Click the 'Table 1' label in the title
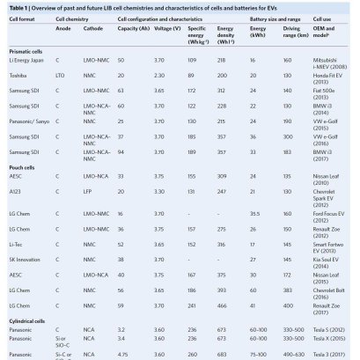coord(18,6)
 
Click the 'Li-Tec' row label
coord(17,267)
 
